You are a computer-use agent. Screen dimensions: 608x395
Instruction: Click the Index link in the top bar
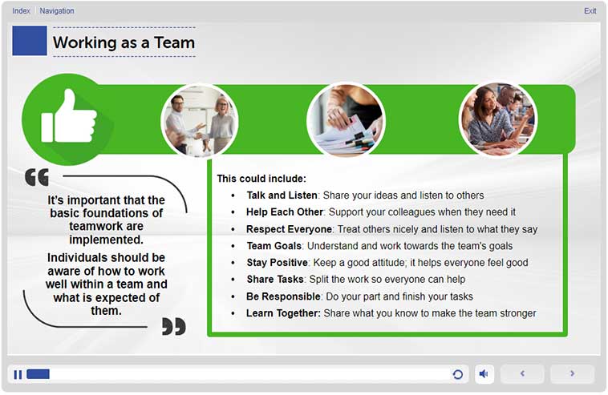click(21, 11)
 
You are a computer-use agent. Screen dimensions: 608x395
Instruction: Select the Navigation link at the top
click(57, 11)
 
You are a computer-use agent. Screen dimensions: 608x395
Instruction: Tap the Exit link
click(590, 11)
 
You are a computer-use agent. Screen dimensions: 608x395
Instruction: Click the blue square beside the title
click(30, 41)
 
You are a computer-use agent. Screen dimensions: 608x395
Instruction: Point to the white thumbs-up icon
click(69, 116)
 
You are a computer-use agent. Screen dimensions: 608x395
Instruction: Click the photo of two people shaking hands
click(200, 120)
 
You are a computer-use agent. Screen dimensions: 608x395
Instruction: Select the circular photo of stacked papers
click(346, 119)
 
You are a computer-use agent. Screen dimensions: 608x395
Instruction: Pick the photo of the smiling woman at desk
click(498, 119)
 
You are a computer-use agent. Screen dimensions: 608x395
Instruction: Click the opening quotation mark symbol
click(37, 177)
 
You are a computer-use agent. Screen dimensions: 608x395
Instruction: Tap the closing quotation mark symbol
click(174, 326)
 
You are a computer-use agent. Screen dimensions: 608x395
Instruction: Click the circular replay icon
click(457, 374)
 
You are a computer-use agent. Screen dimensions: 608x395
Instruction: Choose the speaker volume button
click(484, 374)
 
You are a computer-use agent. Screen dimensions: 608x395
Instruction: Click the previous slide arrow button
click(522, 373)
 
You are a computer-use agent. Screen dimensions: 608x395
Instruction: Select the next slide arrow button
click(573, 373)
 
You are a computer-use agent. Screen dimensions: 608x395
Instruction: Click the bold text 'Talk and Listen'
click(282, 195)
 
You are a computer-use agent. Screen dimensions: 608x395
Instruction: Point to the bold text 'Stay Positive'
click(278, 263)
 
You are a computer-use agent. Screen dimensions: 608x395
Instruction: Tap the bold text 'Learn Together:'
click(283, 313)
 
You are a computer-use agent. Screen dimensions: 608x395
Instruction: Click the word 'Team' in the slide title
click(175, 42)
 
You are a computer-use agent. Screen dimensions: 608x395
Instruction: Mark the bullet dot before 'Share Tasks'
click(233, 280)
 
